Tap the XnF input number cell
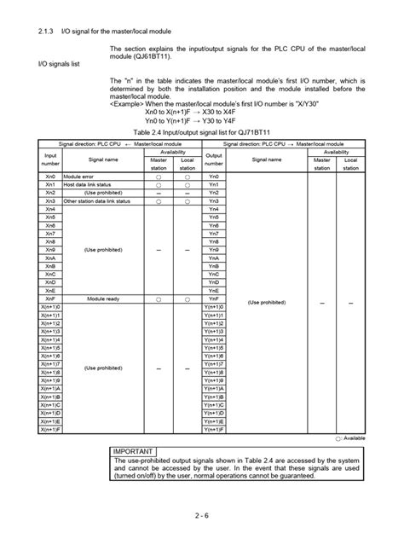coord(50,299)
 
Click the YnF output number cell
coord(213,299)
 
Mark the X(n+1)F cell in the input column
coord(50,430)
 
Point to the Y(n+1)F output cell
coord(214,430)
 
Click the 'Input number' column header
coord(50,139)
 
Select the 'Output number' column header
coord(213,139)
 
